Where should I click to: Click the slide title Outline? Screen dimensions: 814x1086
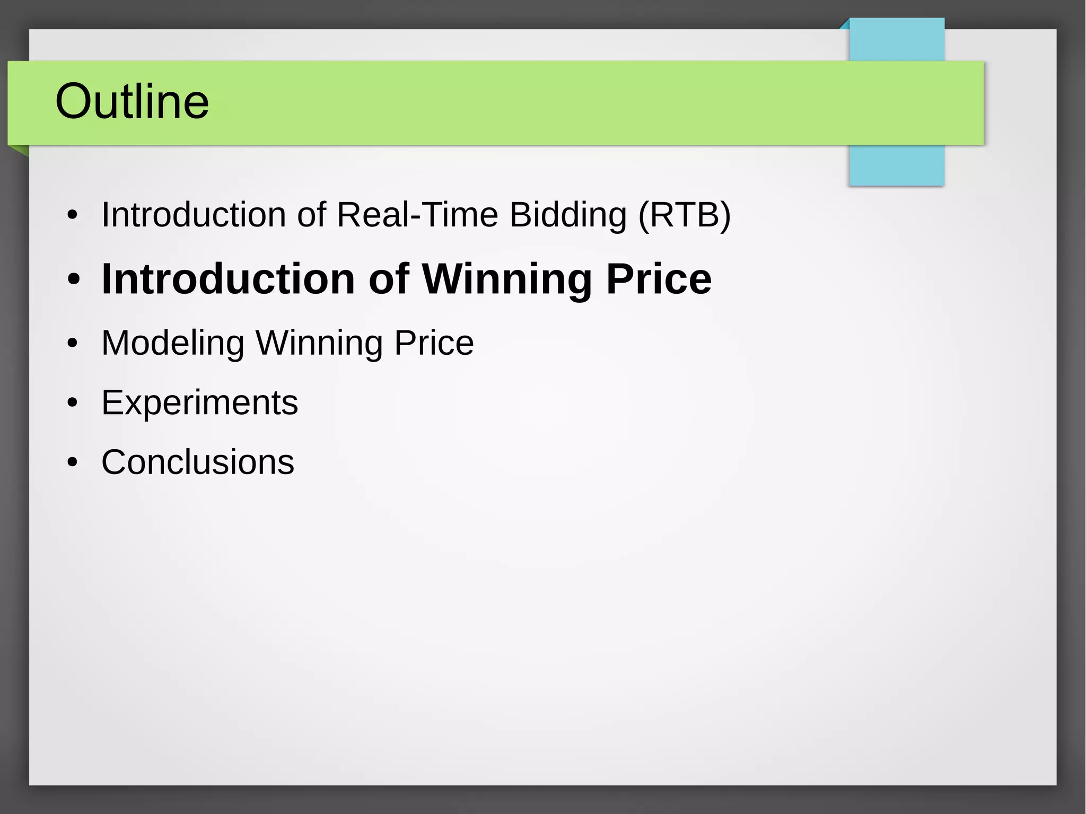coord(132,101)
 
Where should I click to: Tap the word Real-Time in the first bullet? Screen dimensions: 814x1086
coord(417,215)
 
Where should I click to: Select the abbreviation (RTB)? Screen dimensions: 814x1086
coord(684,215)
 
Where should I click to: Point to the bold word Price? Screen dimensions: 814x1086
coord(659,279)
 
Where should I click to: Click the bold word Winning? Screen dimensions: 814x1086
coord(506,279)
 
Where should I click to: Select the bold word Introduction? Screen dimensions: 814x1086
coord(228,279)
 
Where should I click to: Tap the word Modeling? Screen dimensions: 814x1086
coord(173,343)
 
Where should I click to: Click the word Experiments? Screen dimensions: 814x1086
coord(199,403)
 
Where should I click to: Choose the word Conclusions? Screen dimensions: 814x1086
coord(197,462)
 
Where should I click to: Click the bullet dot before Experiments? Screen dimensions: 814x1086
coord(73,403)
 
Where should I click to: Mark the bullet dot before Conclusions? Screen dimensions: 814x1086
coord(73,462)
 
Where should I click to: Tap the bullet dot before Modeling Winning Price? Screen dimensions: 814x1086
coord(73,343)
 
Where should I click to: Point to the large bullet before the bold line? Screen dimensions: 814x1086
coord(74,279)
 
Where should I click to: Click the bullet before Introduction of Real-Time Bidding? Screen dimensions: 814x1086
coord(73,215)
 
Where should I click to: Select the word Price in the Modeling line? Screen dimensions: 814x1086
coord(434,343)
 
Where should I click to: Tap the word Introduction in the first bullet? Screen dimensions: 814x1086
coord(194,215)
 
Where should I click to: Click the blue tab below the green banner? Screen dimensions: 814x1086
coord(896,165)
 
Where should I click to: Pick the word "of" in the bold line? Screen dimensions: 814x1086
coord(389,279)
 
